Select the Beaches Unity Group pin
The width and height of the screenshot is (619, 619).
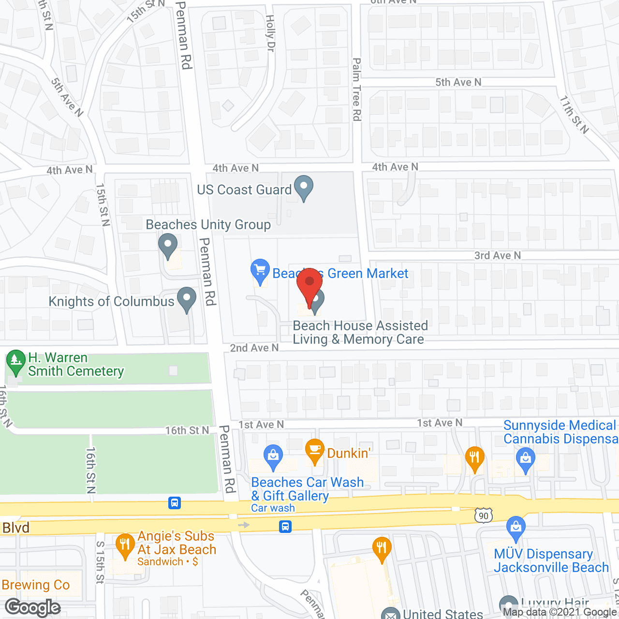point(168,245)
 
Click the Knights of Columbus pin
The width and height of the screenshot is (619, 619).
point(187,299)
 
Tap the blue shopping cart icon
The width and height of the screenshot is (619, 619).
point(260,271)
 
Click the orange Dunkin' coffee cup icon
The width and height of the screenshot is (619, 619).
point(315,451)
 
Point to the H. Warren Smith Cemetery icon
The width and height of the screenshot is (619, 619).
point(16,362)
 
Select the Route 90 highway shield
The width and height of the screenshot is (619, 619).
point(484,516)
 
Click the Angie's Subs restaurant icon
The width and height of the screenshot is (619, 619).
point(125,545)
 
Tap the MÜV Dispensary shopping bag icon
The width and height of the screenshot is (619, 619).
point(516,529)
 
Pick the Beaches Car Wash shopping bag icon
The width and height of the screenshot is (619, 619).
point(273,457)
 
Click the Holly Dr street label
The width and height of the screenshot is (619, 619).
point(270,33)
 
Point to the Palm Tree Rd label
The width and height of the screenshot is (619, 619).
point(357,89)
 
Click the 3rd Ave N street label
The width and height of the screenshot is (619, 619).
point(498,255)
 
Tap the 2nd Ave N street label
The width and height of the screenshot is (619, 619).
point(254,348)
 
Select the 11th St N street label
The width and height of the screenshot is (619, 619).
point(575,114)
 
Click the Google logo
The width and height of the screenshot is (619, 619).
point(33,607)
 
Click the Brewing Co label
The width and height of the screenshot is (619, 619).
point(36,585)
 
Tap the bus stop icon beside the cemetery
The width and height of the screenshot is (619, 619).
point(175,503)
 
